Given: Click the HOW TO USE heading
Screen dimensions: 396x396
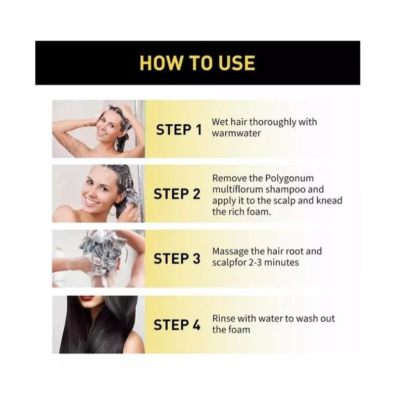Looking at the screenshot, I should pos(197,63).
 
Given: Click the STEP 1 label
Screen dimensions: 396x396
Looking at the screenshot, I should pos(179,130).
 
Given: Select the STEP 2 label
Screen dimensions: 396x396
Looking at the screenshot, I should pos(177,195).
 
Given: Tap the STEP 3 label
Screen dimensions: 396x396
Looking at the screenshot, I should pos(177,259).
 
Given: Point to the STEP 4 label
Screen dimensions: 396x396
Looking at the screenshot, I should pos(177,325).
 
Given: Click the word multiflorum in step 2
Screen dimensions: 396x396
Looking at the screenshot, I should pos(238,190).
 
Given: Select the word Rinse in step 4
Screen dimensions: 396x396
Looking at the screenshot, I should pos(224,318).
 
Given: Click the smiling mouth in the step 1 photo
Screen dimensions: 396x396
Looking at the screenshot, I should pos(102,132).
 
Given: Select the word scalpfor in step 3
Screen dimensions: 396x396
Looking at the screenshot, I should pos(229,263).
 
